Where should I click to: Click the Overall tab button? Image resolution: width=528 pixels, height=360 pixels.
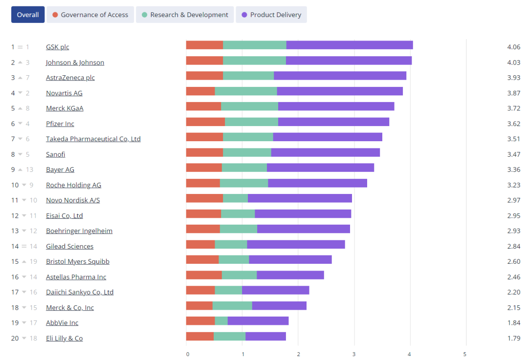click(28, 15)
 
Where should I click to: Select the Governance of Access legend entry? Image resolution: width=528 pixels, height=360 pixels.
click(90, 15)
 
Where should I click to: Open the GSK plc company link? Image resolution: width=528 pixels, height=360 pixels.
click(58, 47)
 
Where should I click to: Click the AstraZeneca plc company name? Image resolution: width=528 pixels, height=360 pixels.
click(70, 78)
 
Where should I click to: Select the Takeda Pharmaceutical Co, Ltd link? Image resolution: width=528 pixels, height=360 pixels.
click(93, 139)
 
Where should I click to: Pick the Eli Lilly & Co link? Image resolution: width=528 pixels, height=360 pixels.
click(65, 338)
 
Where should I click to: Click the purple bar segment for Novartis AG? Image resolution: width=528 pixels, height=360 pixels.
click(340, 91)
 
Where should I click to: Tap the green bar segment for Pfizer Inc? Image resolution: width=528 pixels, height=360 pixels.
click(251, 122)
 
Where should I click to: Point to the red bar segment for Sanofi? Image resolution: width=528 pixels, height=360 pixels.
click(204, 152)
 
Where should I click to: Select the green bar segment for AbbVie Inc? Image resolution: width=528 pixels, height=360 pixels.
click(221, 321)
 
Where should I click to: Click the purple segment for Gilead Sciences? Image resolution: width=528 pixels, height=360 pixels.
click(296, 244)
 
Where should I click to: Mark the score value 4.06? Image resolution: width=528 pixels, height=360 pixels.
click(514, 47)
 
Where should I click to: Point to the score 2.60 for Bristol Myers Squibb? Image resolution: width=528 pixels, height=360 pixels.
click(514, 261)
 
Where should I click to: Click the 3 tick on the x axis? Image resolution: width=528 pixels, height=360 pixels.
click(354, 354)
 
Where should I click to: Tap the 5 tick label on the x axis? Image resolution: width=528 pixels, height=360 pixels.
click(465, 354)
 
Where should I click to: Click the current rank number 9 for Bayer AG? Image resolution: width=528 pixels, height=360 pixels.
click(13, 169)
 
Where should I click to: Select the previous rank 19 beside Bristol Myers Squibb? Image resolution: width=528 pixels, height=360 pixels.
click(33, 261)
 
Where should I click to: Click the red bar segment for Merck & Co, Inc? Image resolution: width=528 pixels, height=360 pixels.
click(199, 306)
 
